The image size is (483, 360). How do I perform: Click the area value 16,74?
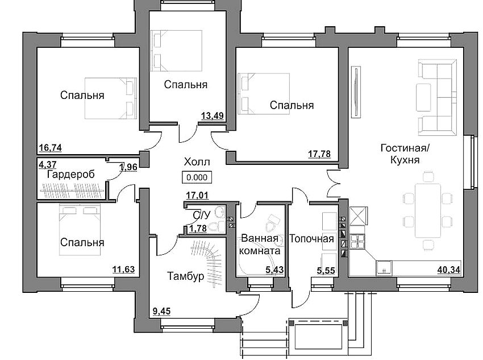(50, 148)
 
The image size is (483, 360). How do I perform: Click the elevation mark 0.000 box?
(197, 177)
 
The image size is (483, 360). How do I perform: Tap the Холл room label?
(196, 161)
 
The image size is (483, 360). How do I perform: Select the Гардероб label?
(70, 174)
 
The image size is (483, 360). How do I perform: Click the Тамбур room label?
(185, 276)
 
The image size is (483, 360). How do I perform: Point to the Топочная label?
(311, 238)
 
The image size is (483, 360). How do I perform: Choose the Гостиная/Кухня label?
(405, 154)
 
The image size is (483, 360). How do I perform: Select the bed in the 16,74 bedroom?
(111, 98)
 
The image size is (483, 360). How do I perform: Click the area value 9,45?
(163, 311)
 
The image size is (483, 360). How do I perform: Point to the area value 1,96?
(128, 167)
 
